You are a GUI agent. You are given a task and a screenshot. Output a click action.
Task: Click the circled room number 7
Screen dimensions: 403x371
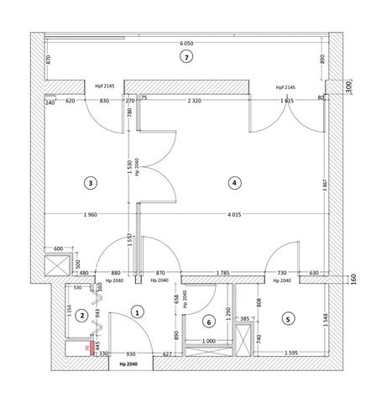pyautogui.click(x=187, y=57)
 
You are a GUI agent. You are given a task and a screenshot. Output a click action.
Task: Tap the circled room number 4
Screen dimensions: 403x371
pyautogui.click(x=234, y=181)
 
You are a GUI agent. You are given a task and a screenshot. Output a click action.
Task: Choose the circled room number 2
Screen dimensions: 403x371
pyautogui.click(x=81, y=316)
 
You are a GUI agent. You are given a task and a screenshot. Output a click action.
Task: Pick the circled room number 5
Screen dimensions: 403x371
pyautogui.click(x=288, y=318)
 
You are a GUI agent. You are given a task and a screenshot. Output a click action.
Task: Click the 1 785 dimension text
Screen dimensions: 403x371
pyautogui.click(x=222, y=272)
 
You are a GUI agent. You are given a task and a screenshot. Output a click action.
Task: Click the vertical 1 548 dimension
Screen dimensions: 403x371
pyautogui.click(x=324, y=319)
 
